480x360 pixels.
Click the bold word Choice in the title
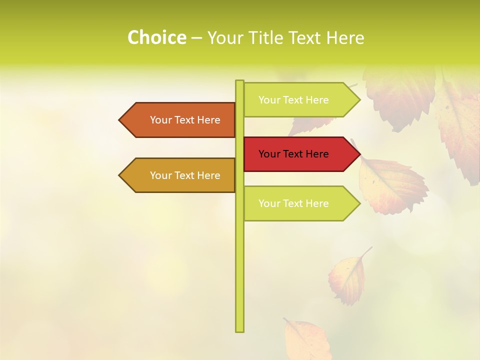[x=156, y=37]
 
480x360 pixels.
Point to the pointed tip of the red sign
[x=358, y=154]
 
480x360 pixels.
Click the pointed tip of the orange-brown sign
[x=120, y=120]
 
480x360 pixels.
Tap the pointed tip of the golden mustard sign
[x=120, y=175]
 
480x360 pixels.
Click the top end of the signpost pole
[x=239, y=82]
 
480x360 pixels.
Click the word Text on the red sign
[x=293, y=154]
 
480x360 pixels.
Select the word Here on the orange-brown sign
[x=209, y=120]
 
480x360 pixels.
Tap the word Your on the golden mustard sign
[x=161, y=175]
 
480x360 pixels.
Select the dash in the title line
[x=196, y=37]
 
